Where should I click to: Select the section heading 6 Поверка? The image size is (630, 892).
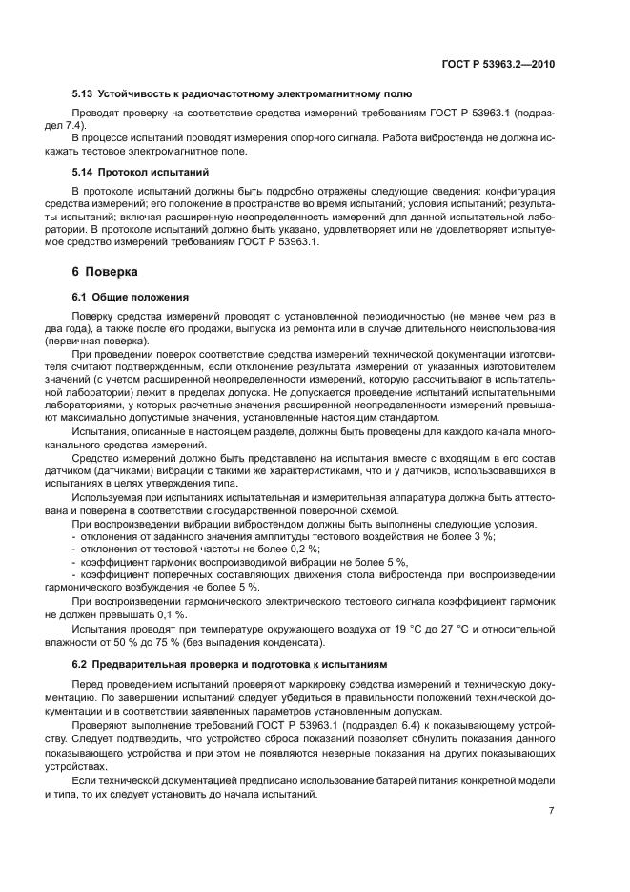pyautogui.click(x=98, y=271)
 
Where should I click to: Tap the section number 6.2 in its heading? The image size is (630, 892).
pyautogui.click(x=84, y=661)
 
